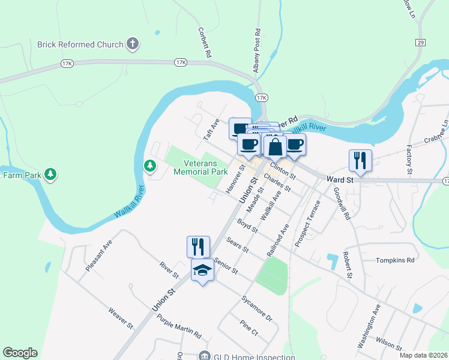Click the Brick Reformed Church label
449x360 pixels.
(x=80, y=44)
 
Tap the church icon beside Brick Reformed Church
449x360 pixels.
(x=133, y=44)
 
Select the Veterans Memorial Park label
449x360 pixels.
(x=200, y=167)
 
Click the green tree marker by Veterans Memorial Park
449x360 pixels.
(x=149, y=165)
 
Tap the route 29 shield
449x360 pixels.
(x=420, y=42)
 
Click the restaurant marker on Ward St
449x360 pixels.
(x=360, y=160)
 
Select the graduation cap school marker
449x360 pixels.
(x=202, y=271)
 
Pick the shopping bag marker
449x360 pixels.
(x=275, y=146)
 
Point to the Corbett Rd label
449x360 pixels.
(x=205, y=42)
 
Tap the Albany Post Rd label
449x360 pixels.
(x=256, y=50)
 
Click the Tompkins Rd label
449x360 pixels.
(x=395, y=260)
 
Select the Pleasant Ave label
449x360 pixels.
(x=99, y=256)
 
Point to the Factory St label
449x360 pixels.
(x=410, y=160)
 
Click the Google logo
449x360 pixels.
(x=20, y=353)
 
